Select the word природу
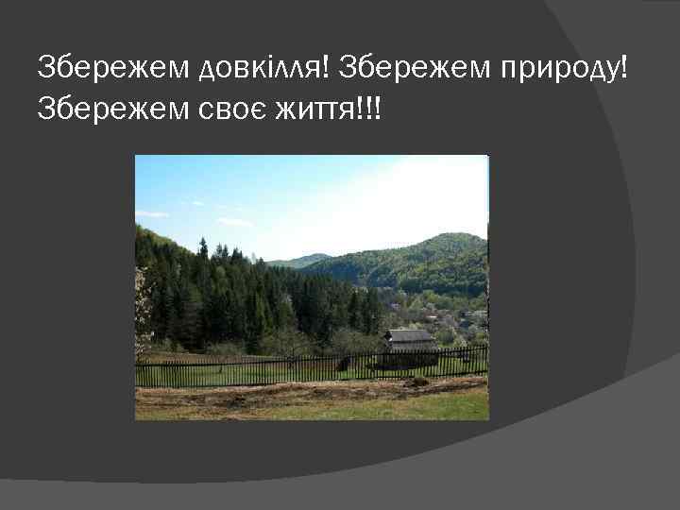[x=557, y=68]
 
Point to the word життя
[x=314, y=111]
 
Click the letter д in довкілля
[x=209, y=69]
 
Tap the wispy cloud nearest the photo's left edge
[x=151, y=214]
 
